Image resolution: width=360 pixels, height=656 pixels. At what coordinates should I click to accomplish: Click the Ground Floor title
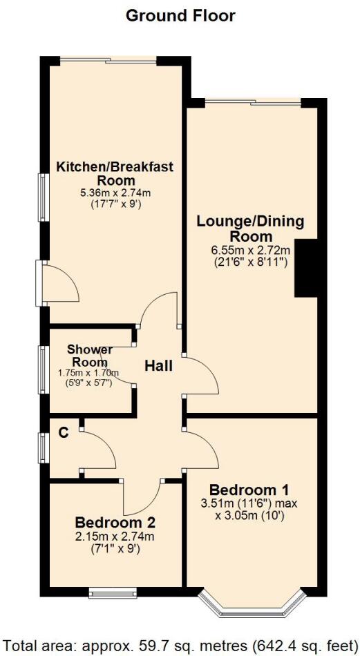point(180,15)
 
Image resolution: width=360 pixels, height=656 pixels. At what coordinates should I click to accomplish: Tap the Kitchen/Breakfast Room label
point(115,166)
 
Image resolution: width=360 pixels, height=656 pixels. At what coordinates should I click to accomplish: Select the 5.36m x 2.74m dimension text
point(115,192)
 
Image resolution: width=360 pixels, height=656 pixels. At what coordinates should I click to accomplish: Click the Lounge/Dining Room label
point(250,229)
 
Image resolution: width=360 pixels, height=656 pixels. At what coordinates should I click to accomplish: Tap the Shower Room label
point(89,356)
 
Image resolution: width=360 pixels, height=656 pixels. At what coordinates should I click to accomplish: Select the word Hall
point(158,365)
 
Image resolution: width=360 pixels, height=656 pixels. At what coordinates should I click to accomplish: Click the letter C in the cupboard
point(63,433)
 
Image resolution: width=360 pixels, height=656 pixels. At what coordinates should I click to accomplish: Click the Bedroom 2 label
point(115,521)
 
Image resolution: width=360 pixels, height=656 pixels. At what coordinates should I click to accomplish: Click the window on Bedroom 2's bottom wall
point(113,592)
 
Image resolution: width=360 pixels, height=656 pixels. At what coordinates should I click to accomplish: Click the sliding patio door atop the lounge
point(253,103)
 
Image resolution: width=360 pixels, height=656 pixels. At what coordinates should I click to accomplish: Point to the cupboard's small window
point(43,447)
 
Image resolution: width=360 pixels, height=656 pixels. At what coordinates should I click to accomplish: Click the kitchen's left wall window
point(43,198)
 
